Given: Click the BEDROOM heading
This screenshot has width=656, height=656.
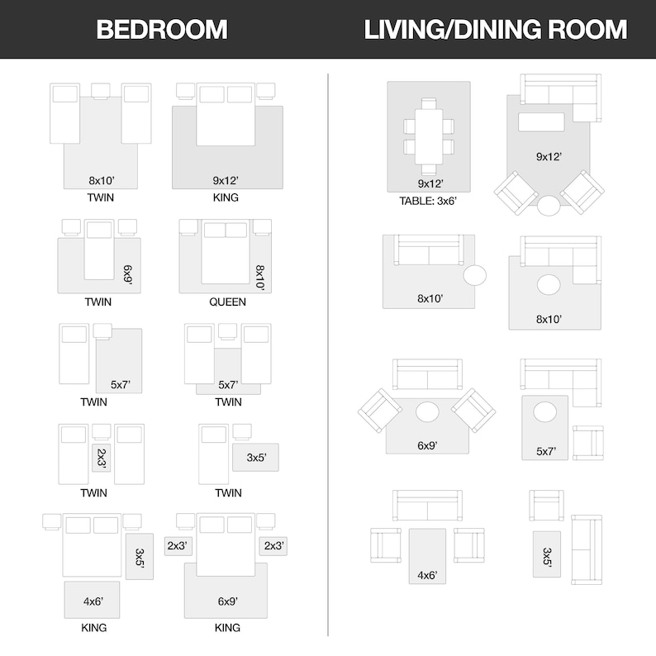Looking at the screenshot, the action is (x=162, y=30).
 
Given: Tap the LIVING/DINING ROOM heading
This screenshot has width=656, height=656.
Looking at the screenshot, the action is (x=496, y=30).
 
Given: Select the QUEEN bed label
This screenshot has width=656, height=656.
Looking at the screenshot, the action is (x=227, y=302).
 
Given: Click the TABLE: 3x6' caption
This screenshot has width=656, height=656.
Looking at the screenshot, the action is (x=428, y=202).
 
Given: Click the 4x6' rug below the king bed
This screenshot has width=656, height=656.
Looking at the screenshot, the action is (x=92, y=600).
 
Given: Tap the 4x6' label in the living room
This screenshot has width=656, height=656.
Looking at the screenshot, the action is (x=427, y=575).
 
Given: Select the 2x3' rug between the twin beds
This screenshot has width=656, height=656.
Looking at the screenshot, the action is (x=102, y=458).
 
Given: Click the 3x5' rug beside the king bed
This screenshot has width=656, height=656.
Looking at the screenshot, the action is (x=140, y=556).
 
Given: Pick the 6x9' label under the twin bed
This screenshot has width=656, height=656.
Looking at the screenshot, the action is (x=127, y=274).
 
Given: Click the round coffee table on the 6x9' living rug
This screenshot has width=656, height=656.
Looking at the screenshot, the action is (x=428, y=412).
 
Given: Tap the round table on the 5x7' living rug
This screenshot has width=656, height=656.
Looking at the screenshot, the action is (x=545, y=412).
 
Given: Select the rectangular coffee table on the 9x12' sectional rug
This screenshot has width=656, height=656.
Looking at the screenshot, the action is (x=541, y=122).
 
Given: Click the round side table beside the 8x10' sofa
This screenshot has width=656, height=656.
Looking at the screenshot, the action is (x=475, y=275).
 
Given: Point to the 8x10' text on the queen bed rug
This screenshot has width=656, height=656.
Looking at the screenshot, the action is (x=259, y=277).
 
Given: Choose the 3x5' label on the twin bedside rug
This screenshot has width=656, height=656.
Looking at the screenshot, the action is (x=256, y=458).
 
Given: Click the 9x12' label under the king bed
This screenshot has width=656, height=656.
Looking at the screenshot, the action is (x=226, y=180).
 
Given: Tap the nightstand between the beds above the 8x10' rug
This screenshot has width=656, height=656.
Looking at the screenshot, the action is (x=101, y=91).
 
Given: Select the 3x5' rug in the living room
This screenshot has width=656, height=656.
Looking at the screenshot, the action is (x=547, y=554).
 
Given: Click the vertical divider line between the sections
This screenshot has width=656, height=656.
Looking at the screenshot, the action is (x=328, y=354).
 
